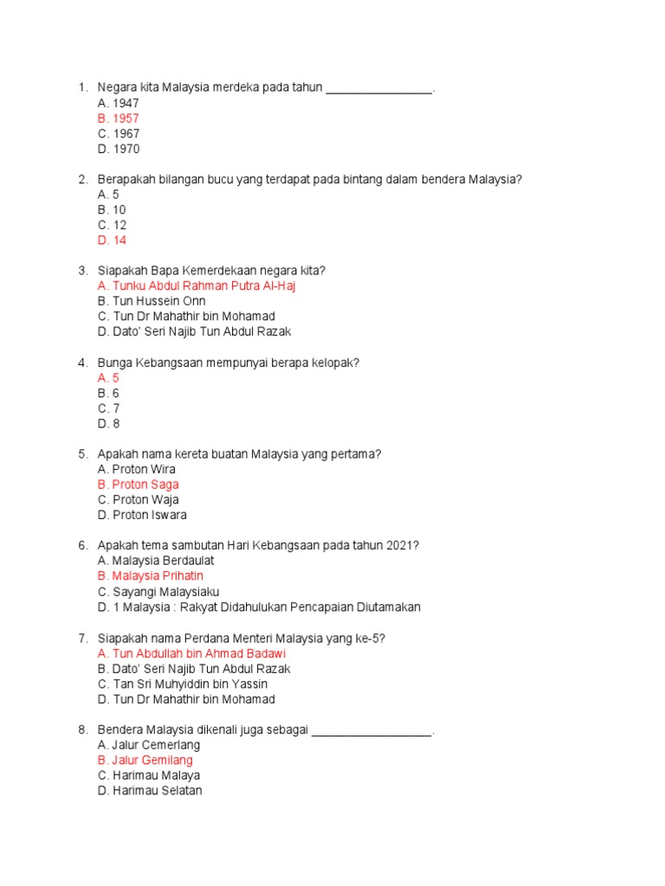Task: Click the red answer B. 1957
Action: coord(119,119)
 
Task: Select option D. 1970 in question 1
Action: coord(119,149)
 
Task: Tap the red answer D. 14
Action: coord(113,241)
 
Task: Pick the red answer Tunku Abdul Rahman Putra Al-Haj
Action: coord(197,286)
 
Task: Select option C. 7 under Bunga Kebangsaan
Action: coord(109,408)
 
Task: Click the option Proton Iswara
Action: coord(142,515)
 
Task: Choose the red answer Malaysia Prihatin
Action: coord(151,575)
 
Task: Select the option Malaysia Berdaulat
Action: coord(156,561)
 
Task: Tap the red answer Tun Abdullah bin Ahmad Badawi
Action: coord(191,653)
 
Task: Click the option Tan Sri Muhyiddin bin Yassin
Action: coord(183,684)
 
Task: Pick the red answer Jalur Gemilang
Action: coord(145,760)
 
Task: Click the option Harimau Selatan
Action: coord(150,791)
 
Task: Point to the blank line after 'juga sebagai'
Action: coord(371,731)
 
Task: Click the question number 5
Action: coord(82,454)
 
